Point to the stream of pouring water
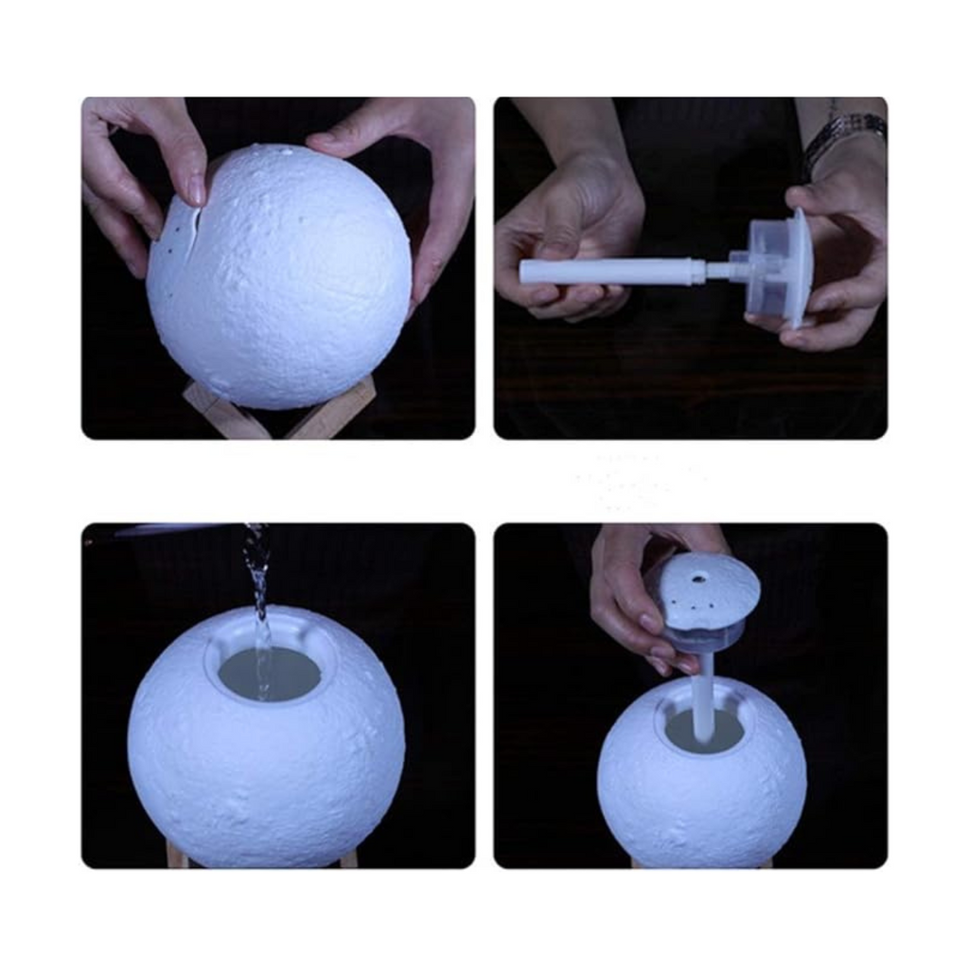257,587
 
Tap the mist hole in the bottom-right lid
697,575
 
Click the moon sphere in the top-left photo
284,284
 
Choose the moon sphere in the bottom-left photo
265,757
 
